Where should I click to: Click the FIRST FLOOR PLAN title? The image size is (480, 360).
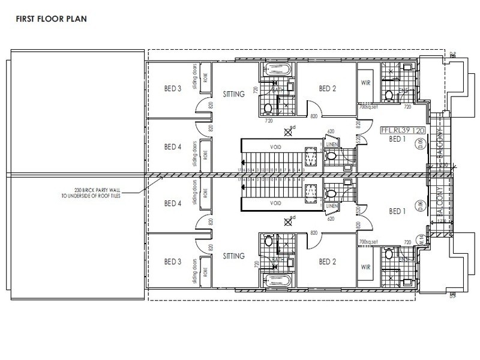click(47, 19)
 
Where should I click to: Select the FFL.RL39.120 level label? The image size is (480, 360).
click(404, 130)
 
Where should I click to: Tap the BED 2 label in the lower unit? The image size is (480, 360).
click(327, 261)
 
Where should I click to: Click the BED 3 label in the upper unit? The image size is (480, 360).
click(173, 89)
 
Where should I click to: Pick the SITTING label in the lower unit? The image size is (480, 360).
click(233, 256)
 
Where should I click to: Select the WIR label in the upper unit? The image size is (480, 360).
click(365, 83)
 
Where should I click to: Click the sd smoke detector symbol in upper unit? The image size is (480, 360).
click(288, 133)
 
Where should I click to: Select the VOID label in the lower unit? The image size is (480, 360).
click(276, 203)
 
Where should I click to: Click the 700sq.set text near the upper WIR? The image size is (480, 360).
click(367, 106)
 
